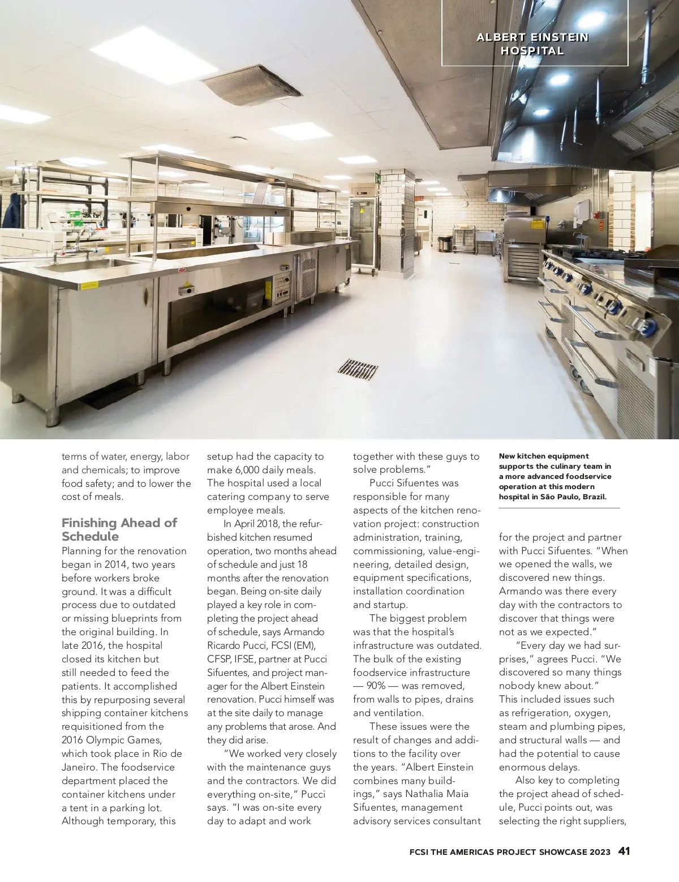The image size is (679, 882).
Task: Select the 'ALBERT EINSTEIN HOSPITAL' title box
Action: [x=534, y=44]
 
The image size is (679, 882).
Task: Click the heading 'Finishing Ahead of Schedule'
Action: [x=119, y=529]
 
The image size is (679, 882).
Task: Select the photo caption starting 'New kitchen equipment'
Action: [x=555, y=476]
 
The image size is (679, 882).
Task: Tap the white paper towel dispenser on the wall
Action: [x=582, y=209]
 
